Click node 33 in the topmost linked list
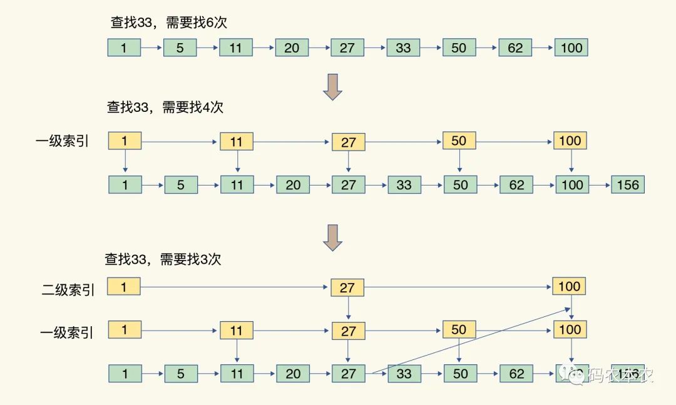[403, 47]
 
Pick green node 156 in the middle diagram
[628, 184]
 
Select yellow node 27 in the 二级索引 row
[347, 287]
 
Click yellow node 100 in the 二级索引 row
[569, 286]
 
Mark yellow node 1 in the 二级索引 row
[124, 287]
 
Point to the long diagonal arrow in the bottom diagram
[469, 341]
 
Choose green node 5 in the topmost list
[180, 47]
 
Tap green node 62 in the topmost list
[515, 47]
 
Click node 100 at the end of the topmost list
[571, 47]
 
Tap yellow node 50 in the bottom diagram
[459, 329]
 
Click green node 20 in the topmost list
[292, 47]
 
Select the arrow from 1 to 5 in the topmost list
[151, 47]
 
